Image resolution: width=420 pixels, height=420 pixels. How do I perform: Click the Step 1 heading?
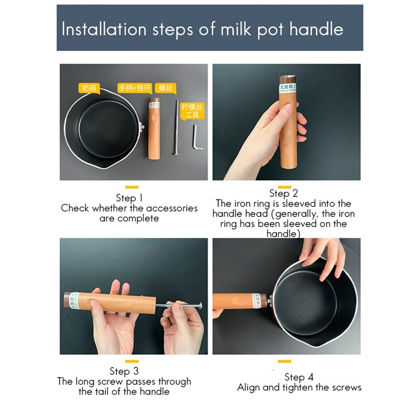click(129, 198)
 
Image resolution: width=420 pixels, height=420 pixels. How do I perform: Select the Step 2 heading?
click(283, 193)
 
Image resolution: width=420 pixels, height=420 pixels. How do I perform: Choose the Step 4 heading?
click(299, 377)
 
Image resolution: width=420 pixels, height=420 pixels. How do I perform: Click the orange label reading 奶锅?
click(88, 88)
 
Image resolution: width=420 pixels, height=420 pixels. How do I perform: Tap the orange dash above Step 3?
click(131, 361)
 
